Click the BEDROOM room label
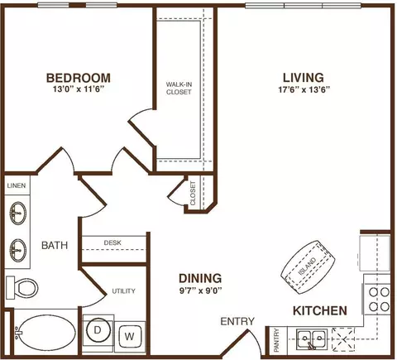(x=79, y=78)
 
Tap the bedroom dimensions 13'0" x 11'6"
(x=79, y=89)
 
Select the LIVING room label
(x=304, y=78)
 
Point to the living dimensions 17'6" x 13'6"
(x=304, y=90)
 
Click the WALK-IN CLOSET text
(x=179, y=89)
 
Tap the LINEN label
(x=17, y=185)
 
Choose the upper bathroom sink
(x=18, y=214)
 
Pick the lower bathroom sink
(x=18, y=250)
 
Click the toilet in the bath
(x=22, y=287)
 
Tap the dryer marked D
(x=98, y=330)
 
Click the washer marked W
(x=130, y=336)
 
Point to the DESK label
(x=112, y=242)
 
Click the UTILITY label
(x=123, y=291)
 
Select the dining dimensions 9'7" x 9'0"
(x=201, y=290)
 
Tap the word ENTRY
(x=237, y=321)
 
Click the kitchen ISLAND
(x=308, y=267)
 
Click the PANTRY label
(x=277, y=340)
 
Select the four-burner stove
(x=380, y=300)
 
